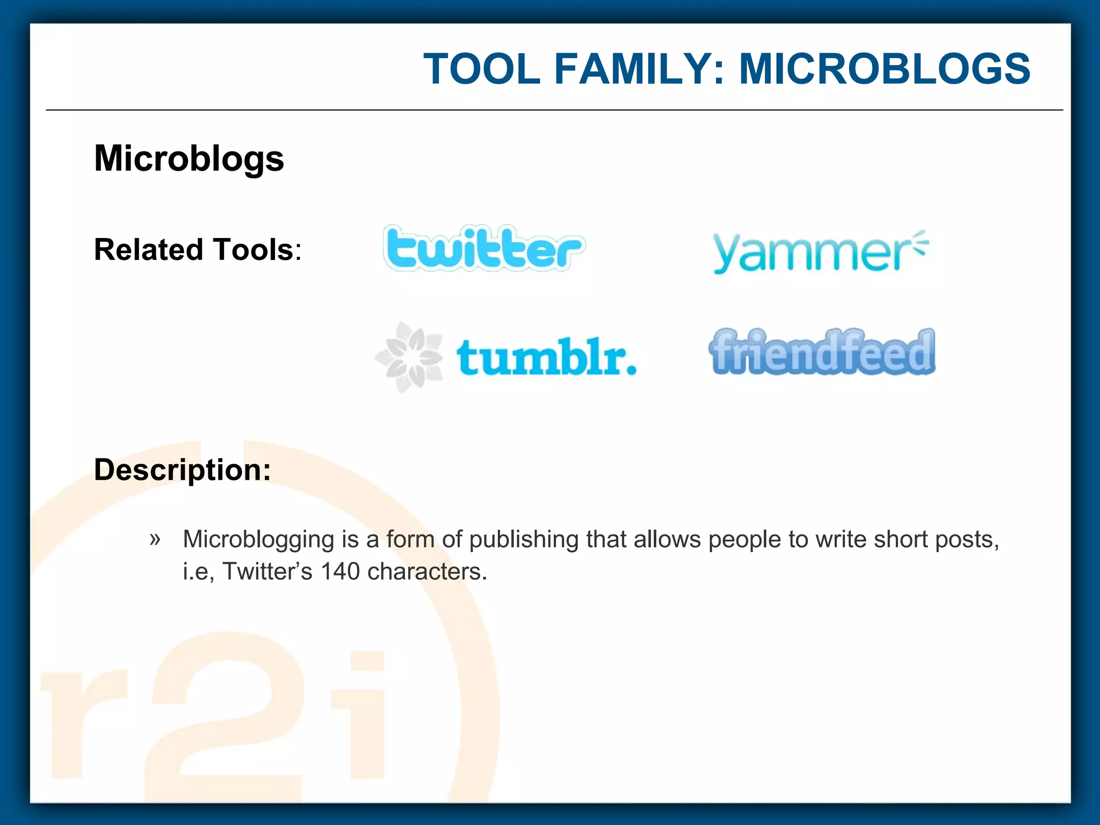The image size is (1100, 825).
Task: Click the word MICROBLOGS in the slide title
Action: click(x=885, y=69)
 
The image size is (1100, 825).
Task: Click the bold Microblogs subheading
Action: click(x=189, y=158)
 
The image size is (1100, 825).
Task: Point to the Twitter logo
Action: click(x=483, y=248)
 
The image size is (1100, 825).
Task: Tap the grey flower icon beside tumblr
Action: click(x=409, y=357)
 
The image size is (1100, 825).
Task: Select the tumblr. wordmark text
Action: click(x=546, y=357)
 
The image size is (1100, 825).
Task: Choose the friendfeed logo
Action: click(x=822, y=352)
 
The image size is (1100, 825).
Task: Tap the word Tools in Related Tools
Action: click(x=253, y=250)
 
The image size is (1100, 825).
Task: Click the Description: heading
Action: click(x=183, y=469)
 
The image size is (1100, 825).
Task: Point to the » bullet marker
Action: click(x=155, y=538)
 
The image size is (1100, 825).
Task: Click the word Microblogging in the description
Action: click(x=258, y=539)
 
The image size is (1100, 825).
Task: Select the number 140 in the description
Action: click(x=340, y=571)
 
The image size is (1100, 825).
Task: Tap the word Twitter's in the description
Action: click(x=267, y=571)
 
